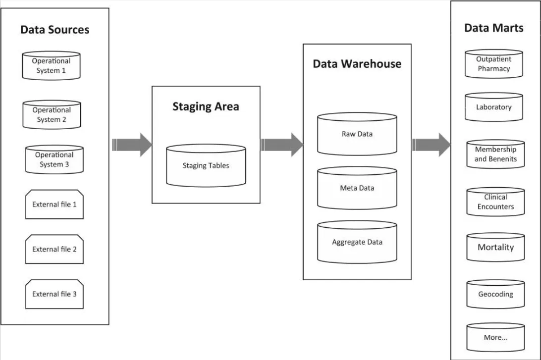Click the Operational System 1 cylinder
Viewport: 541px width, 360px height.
tap(52, 66)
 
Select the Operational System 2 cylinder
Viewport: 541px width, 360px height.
tap(52, 115)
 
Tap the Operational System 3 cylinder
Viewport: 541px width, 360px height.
tap(54, 159)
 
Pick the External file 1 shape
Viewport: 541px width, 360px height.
tap(54, 204)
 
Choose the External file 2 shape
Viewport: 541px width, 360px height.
tap(54, 249)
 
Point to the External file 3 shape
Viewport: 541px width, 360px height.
tap(54, 294)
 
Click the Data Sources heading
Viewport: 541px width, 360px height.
tap(54, 30)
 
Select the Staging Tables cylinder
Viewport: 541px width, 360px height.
tap(206, 165)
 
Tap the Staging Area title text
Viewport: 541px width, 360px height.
tap(206, 106)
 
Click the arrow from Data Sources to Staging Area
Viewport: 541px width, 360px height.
tap(132, 145)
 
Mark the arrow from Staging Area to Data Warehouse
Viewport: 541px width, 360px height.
tap(281, 145)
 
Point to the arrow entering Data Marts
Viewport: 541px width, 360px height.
tap(431, 145)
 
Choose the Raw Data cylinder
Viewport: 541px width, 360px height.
tap(357, 134)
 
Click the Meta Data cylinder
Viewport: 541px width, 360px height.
tap(357, 188)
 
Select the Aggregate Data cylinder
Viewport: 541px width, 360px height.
tap(357, 242)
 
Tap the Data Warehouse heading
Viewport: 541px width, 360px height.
tap(357, 64)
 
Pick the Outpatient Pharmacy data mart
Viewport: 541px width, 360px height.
tap(494, 64)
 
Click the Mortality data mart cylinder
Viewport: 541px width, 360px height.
tap(495, 247)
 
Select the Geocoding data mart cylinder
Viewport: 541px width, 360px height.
tap(495, 294)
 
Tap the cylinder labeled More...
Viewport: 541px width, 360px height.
tap(495, 338)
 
